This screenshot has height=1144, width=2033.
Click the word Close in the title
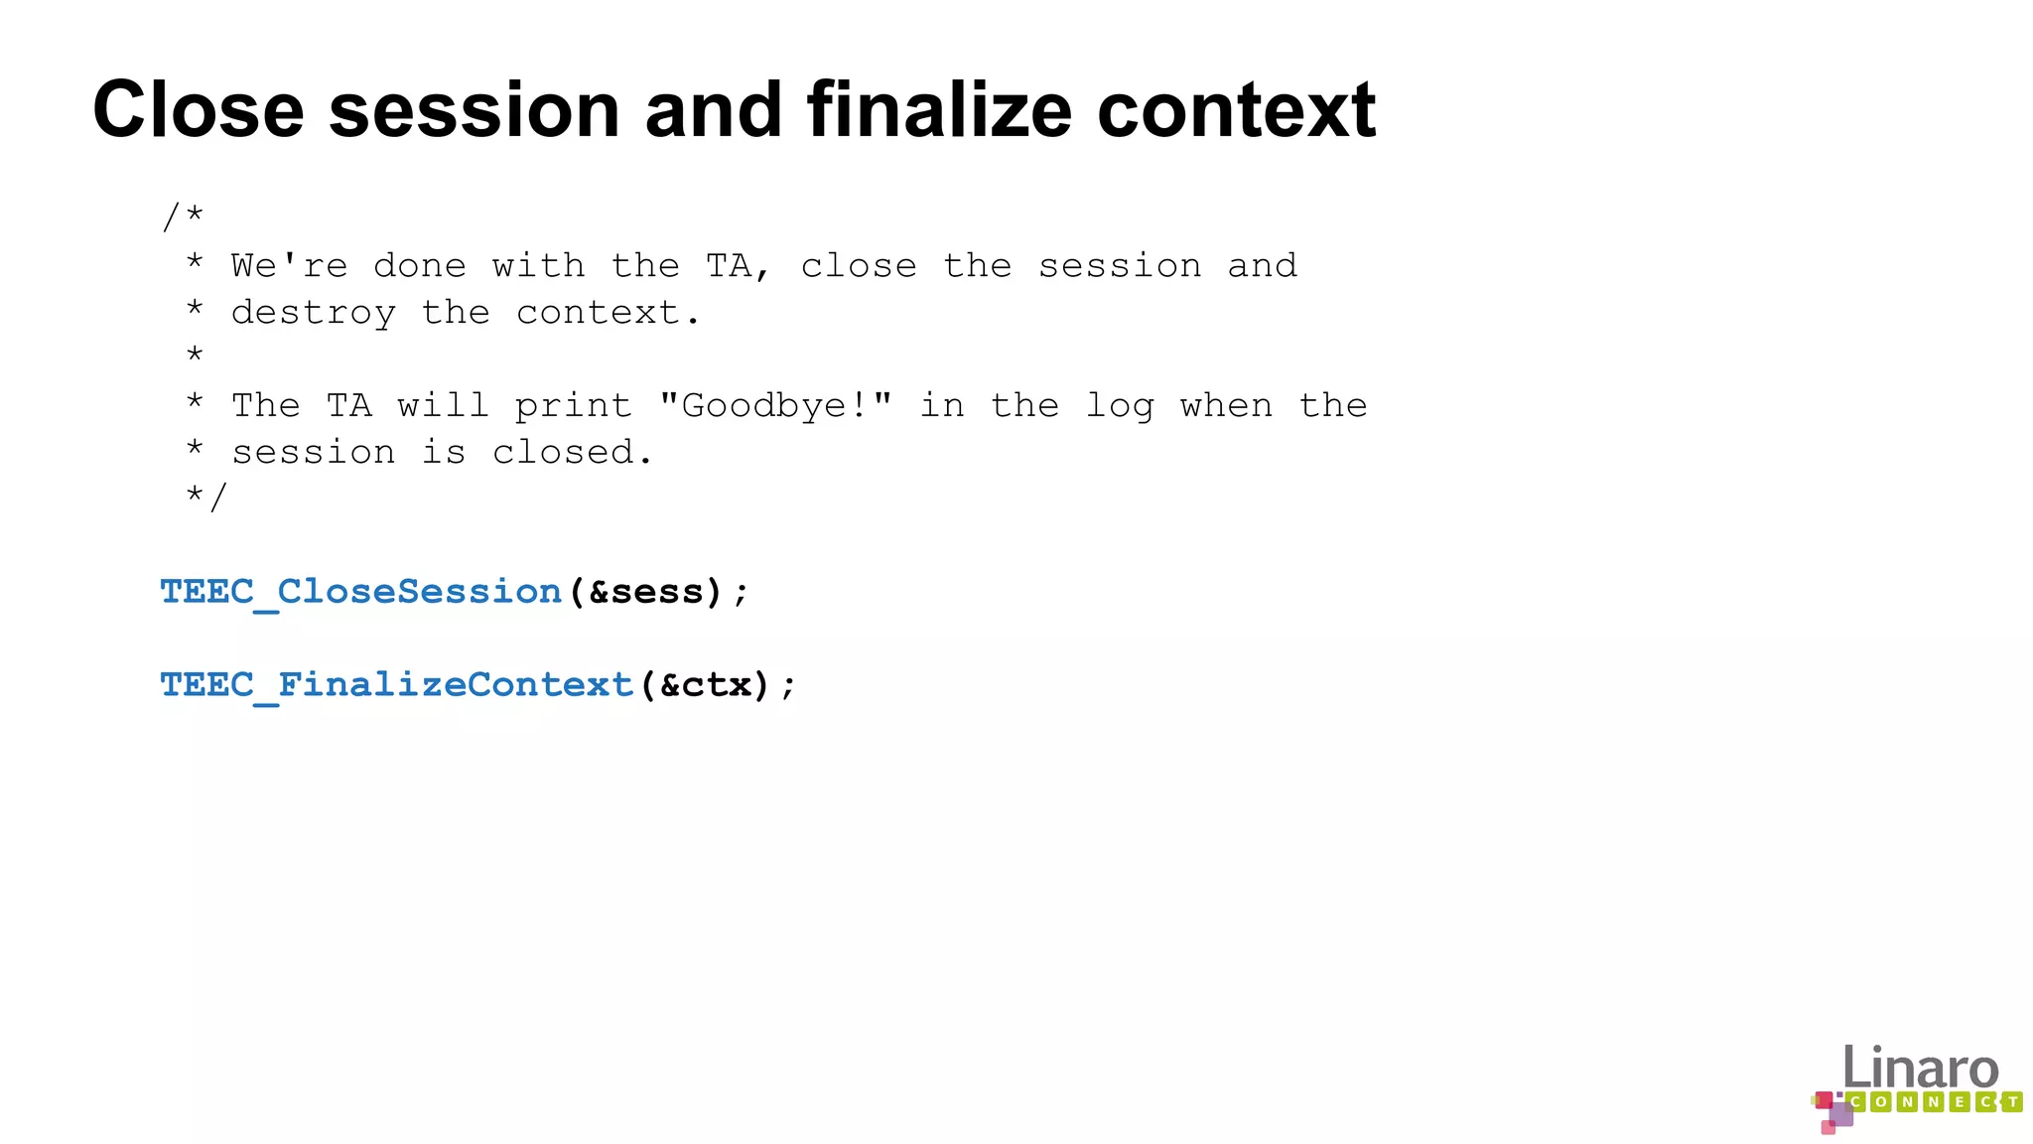coord(198,109)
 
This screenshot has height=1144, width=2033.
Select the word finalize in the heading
coord(939,109)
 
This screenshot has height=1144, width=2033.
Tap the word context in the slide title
coord(1236,111)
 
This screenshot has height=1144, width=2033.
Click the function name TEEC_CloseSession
coord(360,592)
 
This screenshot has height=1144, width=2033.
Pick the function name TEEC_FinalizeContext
coord(396,685)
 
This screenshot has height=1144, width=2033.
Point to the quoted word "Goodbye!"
coord(775,406)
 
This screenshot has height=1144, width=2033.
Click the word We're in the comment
coord(289,266)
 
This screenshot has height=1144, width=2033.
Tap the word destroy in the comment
coord(313,314)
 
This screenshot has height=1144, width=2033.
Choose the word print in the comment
coord(573,406)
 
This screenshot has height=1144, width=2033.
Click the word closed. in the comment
coord(573,453)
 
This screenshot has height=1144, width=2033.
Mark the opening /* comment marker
coord(183,216)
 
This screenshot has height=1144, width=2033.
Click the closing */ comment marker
coord(206,497)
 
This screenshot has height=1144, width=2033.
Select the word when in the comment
coord(1226,406)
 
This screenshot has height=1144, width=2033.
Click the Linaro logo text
coord(1920,1068)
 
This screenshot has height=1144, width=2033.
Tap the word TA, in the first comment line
coord(738,267)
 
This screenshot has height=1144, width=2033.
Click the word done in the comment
coord(419,266)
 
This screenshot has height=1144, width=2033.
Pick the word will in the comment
coord(443,406)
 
